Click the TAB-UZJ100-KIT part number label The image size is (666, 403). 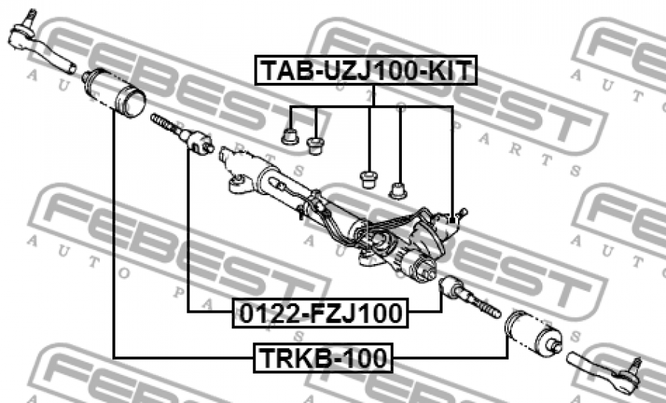tap(366, 70)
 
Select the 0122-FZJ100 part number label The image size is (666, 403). tap(320, 313)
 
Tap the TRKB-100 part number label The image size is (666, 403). tap(323, 358)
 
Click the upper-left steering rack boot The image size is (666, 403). tap(114, 90)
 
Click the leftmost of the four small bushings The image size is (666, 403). tap(290, 137)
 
